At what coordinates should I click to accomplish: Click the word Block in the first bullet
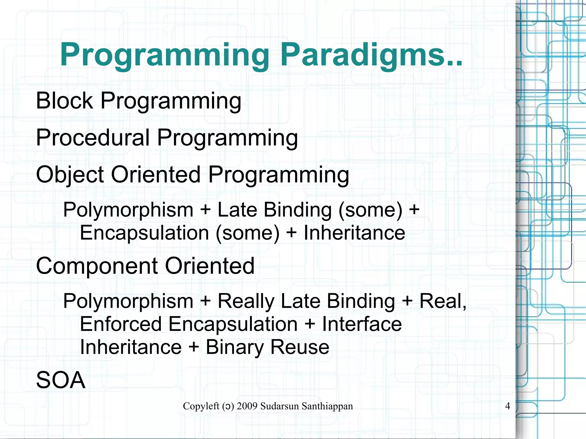coord(64,101)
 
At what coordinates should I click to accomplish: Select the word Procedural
coord(93,138)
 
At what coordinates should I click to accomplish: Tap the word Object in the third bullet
coord(70,174)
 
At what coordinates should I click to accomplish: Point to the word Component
coord(97,266)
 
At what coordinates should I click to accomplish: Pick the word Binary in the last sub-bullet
coord(234,347)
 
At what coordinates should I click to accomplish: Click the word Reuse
coord(300,347)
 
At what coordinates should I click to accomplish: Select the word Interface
coord(362,324)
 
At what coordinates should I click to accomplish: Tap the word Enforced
coord(120,324)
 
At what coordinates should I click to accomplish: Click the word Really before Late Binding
coord(246,301)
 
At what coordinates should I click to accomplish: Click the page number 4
coord(507,406)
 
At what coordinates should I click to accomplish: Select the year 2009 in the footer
coord(247,406)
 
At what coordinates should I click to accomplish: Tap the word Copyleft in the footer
coord(201,406)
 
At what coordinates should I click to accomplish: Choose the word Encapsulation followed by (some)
coord(144,233)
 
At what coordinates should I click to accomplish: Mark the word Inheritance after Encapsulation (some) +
coord(354,233)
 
